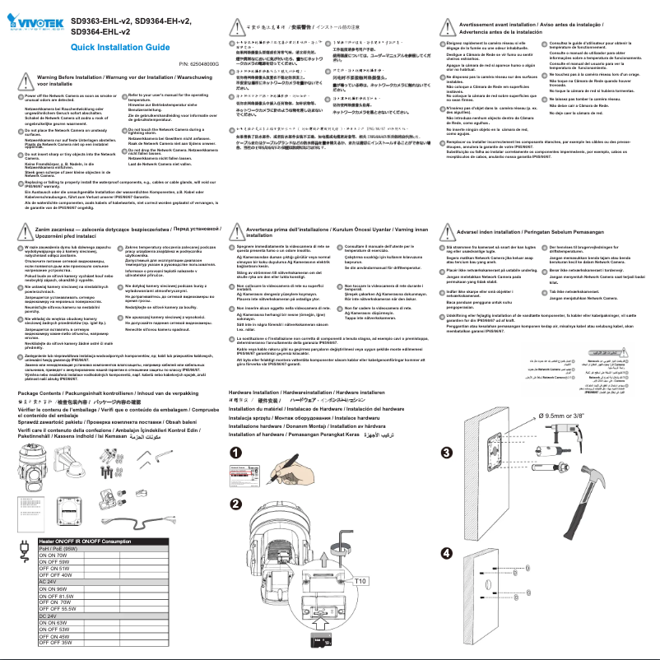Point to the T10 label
(360, 581)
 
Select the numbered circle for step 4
(447, 552)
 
